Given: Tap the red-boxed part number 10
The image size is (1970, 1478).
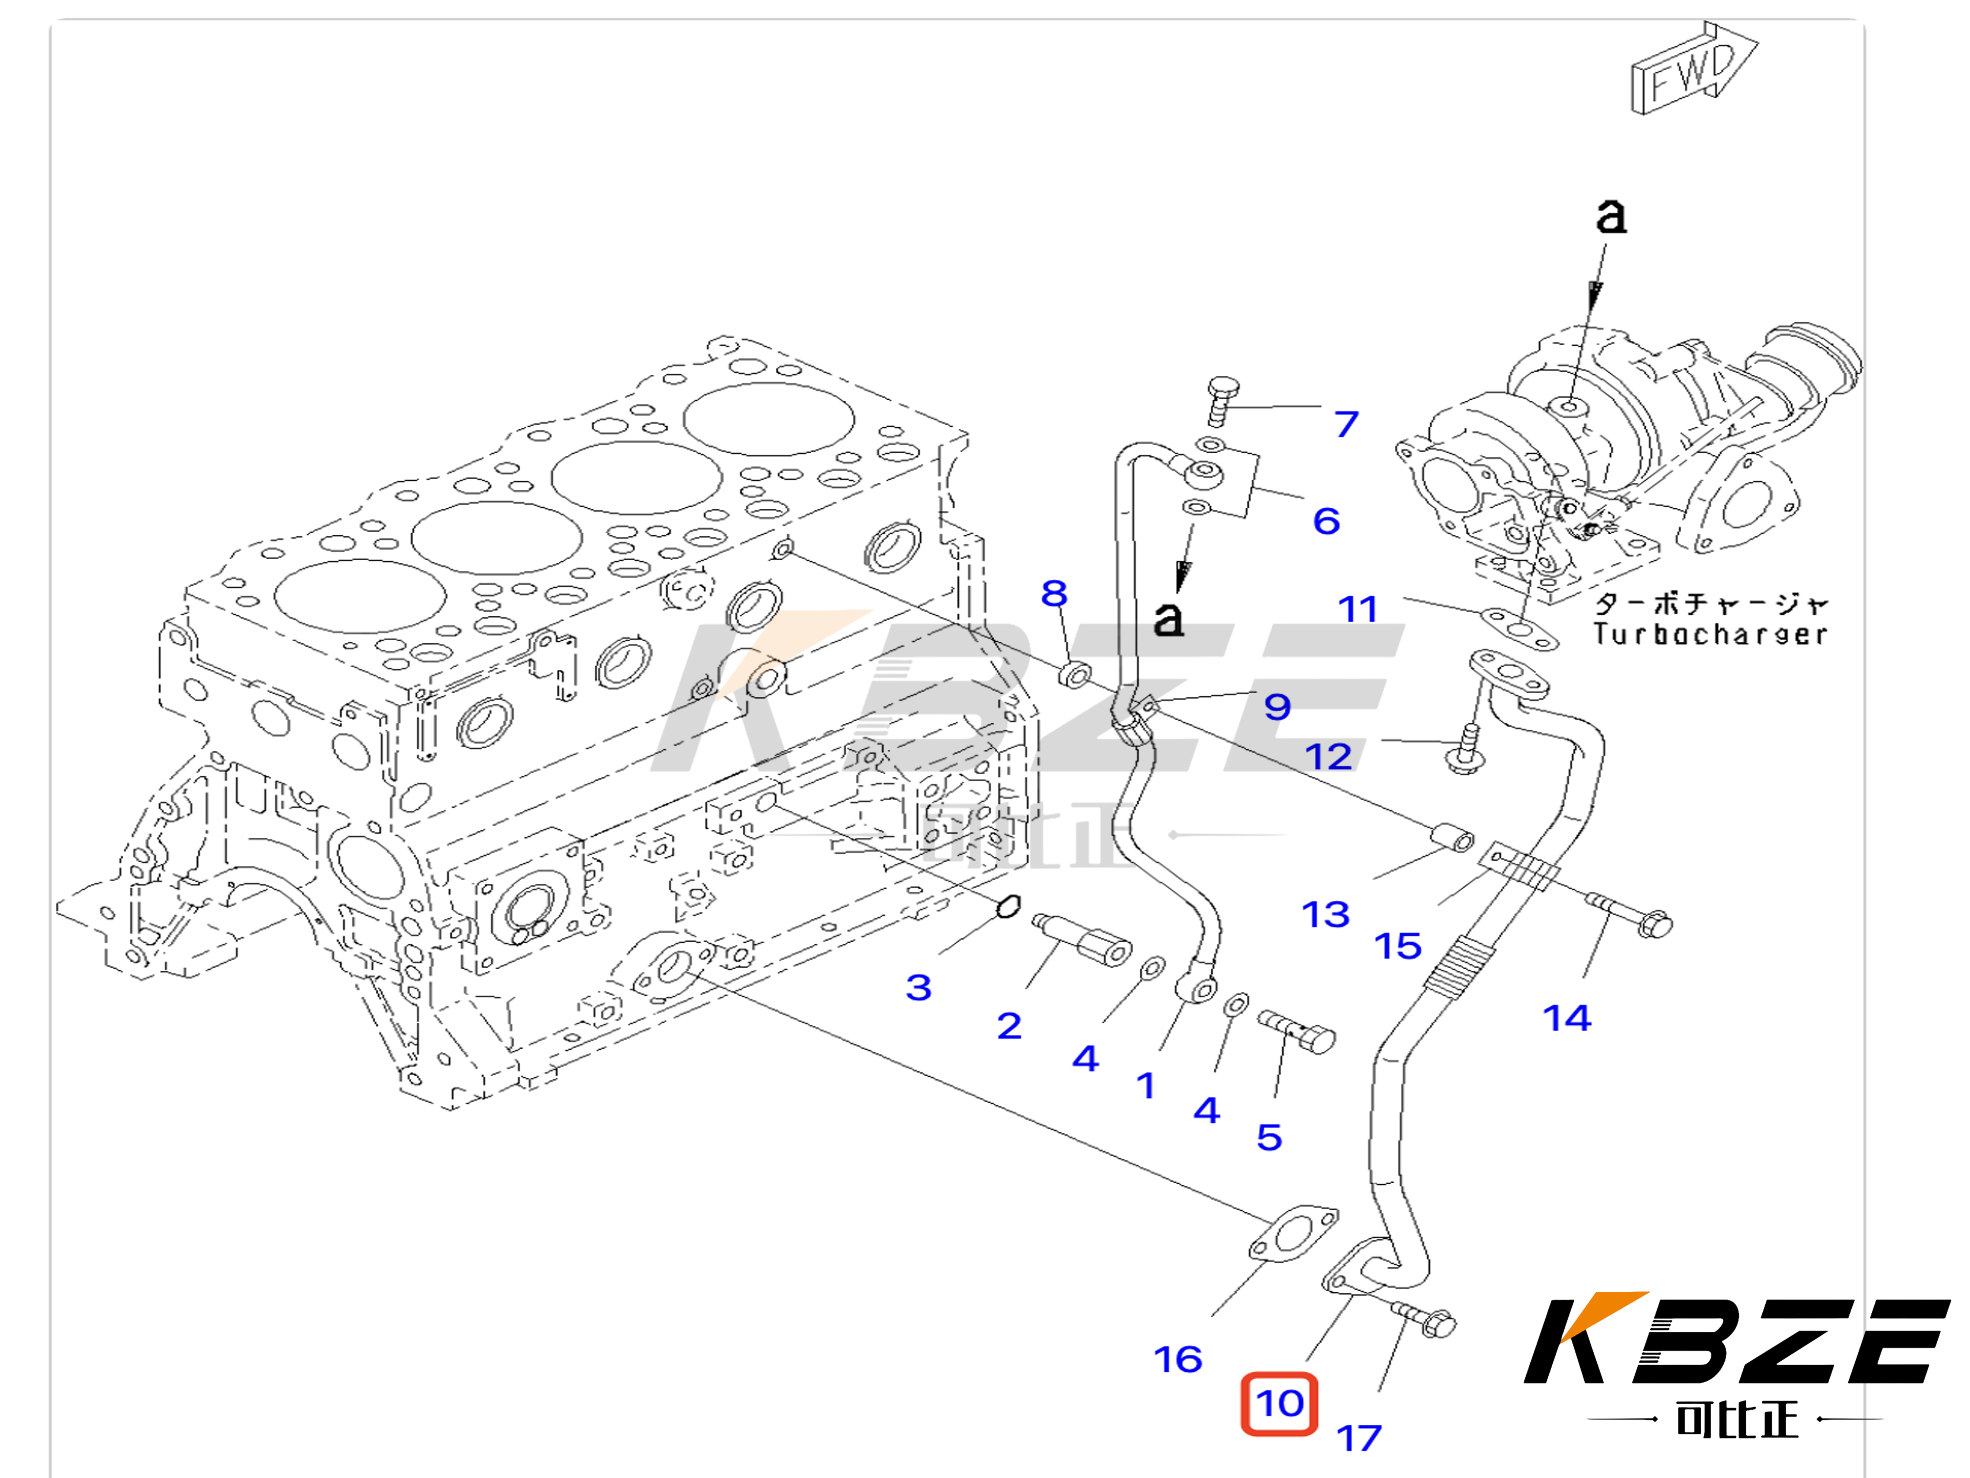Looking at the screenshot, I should (1280, 1404).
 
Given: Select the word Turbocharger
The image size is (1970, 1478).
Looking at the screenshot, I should (1710, 634).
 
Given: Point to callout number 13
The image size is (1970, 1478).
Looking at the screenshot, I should (1325, 914).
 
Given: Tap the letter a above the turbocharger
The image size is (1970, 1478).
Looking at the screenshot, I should (1610, 217).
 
